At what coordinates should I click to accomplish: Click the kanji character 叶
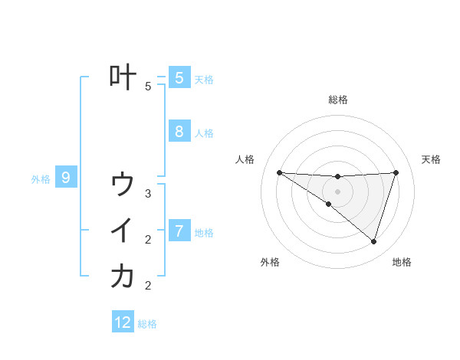click(x=123, y=77)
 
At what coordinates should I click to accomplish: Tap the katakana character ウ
click(x=123, y=185)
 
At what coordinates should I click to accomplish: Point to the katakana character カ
click(x=123, y=277)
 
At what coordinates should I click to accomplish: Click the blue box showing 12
click(x=123, y=322)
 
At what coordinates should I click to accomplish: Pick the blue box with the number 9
click(x=66, y=178)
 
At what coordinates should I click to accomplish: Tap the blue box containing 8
click(x=179, y=132)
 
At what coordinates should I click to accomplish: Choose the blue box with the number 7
click(x=179, y=231)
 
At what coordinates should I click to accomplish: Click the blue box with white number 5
click(x=179, y=77)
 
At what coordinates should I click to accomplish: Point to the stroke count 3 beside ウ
click(x=148, y=194)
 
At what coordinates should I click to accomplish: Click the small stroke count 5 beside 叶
click(x=148, y=87)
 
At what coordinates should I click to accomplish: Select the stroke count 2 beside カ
click(x=148, y=286)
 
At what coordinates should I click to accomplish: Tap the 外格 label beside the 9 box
click(x=41, y=179)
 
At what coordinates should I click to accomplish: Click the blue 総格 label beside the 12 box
click(x=147, y=324)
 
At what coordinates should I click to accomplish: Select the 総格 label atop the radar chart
click(x=338, y=100)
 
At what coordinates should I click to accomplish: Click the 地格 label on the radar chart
click(x=402, y=262)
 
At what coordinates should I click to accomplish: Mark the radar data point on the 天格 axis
click(x=396, y=172)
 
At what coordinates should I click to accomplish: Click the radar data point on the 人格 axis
click(x=279, y=172)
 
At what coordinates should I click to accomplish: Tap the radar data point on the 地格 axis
click(x=373, y=241)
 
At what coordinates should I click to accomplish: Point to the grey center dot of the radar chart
click(x=338, y=191)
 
